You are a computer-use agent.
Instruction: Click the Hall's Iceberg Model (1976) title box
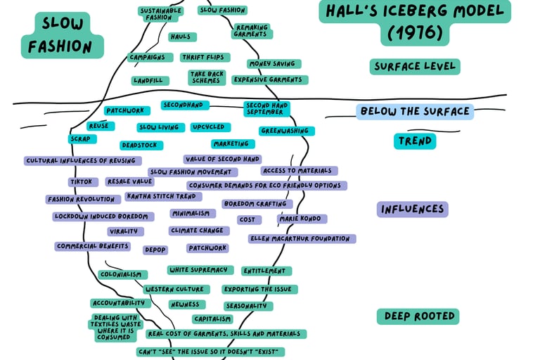415,22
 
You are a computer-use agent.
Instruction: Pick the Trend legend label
415,141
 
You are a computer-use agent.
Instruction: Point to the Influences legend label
413,209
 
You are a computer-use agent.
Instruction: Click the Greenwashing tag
287,131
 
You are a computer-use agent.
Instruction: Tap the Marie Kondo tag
302,219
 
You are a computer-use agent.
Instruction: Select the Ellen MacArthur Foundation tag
302,238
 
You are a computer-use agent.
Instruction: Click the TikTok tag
80,181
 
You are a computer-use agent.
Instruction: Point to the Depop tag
155,250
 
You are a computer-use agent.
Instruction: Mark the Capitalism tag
212,319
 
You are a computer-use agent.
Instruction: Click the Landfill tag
150,81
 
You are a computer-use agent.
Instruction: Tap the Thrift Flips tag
202,58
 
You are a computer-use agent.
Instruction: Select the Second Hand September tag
266,108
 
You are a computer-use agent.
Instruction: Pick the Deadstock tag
141,146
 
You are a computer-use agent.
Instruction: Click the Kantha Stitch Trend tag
161,196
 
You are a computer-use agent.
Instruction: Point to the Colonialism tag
122,274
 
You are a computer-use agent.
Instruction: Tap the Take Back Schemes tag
205,77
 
